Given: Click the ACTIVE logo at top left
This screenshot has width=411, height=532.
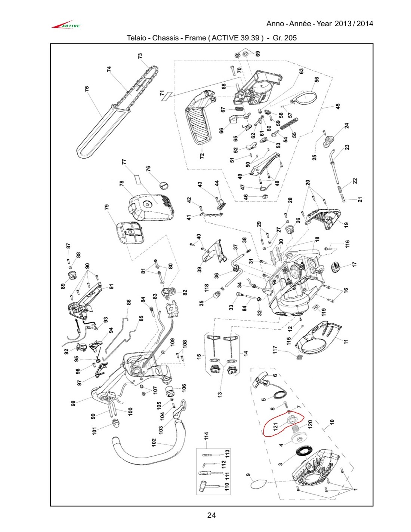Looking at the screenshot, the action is pos(66,25).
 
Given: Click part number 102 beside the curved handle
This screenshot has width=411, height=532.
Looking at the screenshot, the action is pos(154,442).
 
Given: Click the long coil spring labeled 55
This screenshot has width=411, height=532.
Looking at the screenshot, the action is pos(289,124).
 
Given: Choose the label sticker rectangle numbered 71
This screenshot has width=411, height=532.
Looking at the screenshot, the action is pos(166,97).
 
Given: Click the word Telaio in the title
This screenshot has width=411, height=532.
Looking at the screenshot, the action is pos(137,38).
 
